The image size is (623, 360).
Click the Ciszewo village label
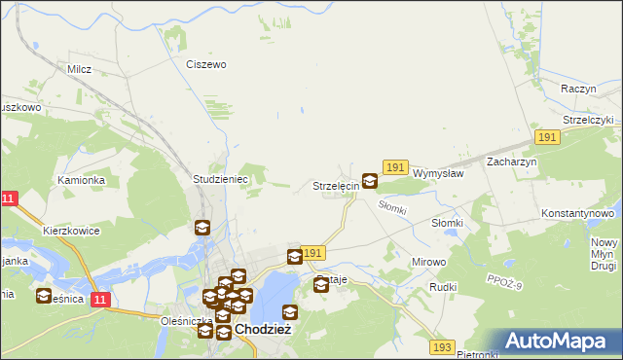205,64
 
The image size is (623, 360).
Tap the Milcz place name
79,70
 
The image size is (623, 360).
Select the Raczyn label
578,89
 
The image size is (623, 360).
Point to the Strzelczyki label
580,120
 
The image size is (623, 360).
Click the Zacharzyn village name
512,162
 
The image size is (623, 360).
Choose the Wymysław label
437,173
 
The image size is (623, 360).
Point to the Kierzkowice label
73,232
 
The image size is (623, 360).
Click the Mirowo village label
428,263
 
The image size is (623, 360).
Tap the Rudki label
444,288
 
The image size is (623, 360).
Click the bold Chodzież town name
264,331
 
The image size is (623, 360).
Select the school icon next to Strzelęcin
370,181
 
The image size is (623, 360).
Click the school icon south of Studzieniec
202,229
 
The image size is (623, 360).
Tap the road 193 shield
443,346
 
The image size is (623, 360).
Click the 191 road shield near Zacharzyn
547,138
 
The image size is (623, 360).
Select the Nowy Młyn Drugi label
605,253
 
